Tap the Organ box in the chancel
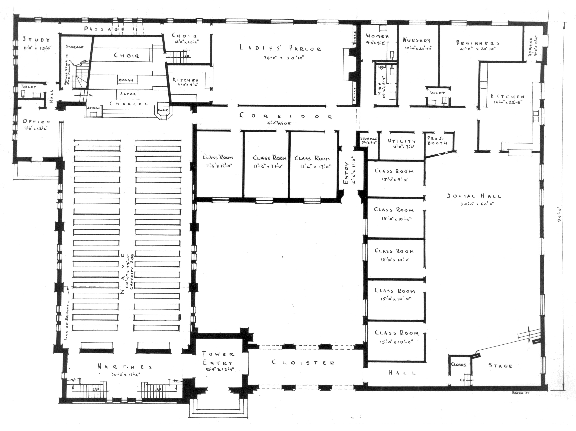click(x=126, y=80)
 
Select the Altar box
click(x=128, y=94)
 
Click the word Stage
click(x=500, y=366)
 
